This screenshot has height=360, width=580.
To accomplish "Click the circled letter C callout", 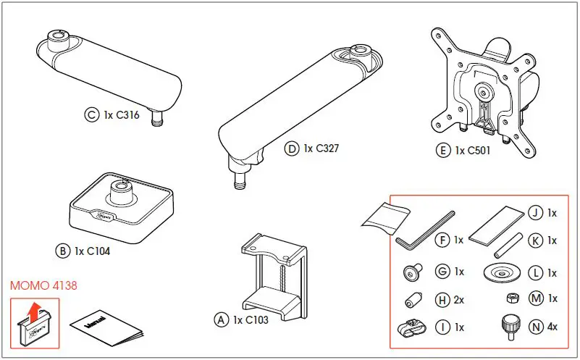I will (x=91, y=114).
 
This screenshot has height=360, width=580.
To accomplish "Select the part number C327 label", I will (x=321, y=149).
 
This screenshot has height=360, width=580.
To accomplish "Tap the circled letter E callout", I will (x=442, y=151).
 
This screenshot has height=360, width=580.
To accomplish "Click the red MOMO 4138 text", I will (x=43, y=285).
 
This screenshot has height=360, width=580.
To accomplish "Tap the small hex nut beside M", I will (x=511, y=298).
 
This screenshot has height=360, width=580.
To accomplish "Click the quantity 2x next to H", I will (x=460, y=299).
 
